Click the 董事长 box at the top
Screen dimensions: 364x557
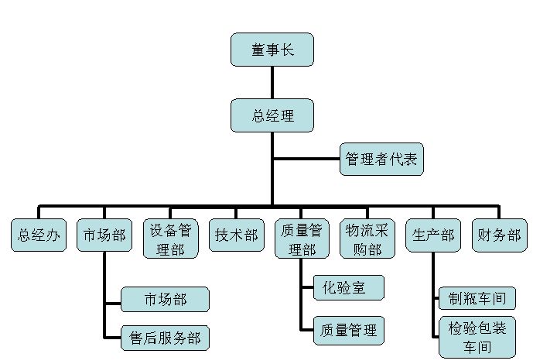pos(272,50)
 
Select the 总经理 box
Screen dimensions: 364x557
pos(272,115)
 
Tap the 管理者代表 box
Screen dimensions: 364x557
pos(380,160)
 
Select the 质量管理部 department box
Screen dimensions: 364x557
pos(301,239)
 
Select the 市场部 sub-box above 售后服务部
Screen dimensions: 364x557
pos(165,299)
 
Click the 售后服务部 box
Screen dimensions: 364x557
pos(165,338)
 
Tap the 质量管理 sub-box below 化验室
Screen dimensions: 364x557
pos(348,330)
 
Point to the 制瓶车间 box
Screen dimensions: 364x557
pos(476,298)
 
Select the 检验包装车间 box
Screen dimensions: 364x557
pos(476,337)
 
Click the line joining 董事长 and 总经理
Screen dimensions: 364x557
pos(272,82)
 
